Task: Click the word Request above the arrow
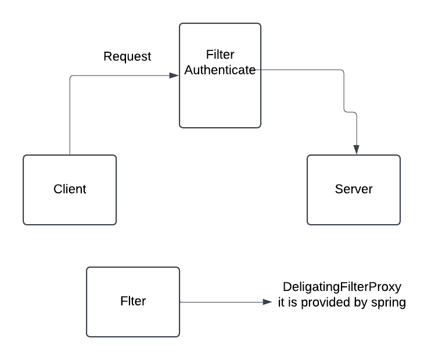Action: (x=127, y=57)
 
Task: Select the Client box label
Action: (x=70, y=189)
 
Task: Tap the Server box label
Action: (x=354, y=189)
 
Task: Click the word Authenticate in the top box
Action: (x=220, y=70)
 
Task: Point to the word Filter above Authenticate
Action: (x=220, y=55)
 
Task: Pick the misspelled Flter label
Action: (x=133, y=301)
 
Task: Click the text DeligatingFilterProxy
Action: (x=342, y=287)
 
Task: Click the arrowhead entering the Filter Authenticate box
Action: (x=174, y=75)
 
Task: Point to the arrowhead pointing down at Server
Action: (x=357, y=149)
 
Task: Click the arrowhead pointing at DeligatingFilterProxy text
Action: (x=267, y=302)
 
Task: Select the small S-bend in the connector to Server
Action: (x=350, y=112)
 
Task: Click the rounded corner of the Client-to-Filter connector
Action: (x=71, y=77)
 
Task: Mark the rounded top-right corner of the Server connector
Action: (x=343, y=71)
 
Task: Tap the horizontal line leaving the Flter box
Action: (x=221, y=302)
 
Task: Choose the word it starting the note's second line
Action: (x=281, y=303)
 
